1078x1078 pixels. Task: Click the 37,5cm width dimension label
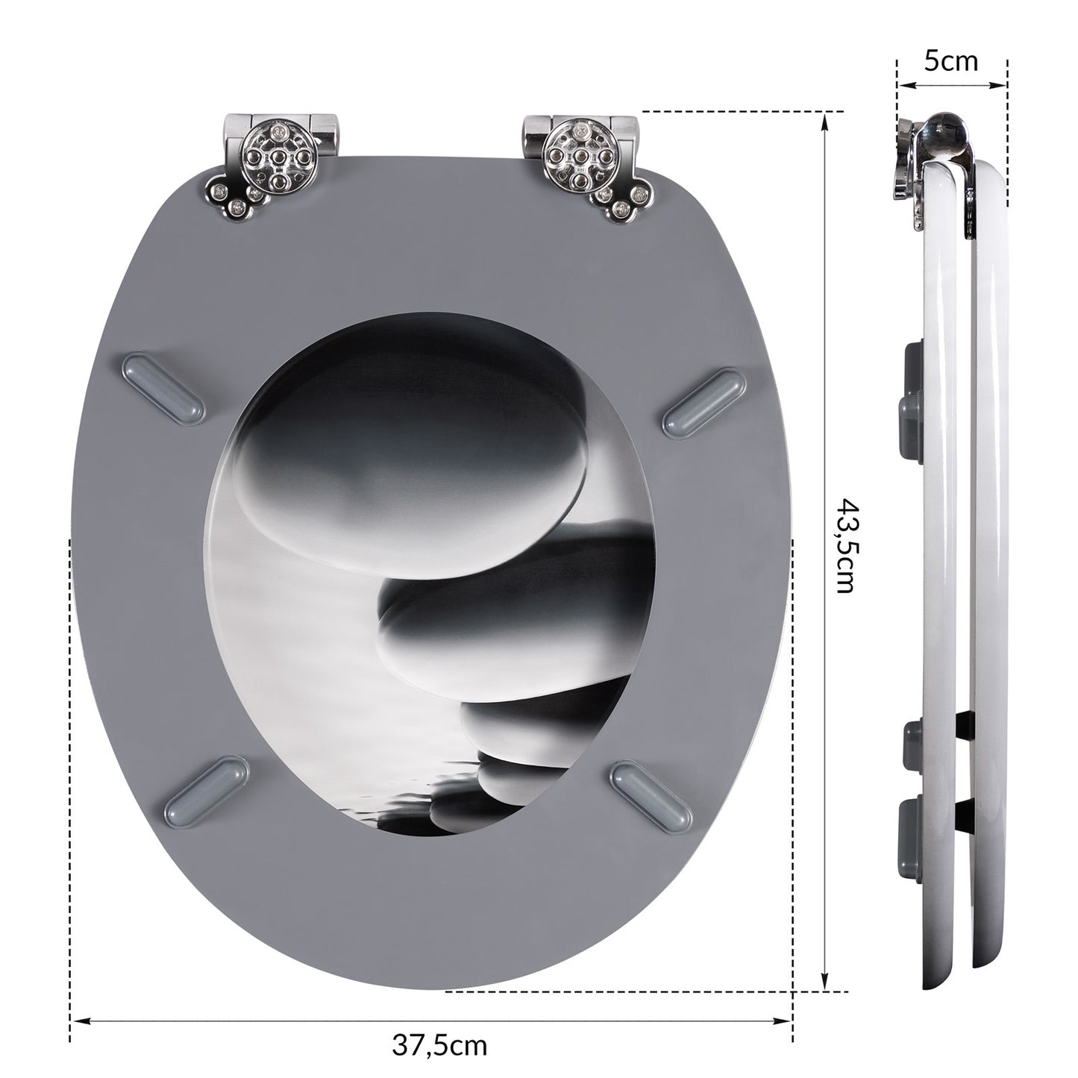point(439,1012)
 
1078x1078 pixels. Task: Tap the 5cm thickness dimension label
point(951,61)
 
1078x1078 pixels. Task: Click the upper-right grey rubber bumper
point(701,403)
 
